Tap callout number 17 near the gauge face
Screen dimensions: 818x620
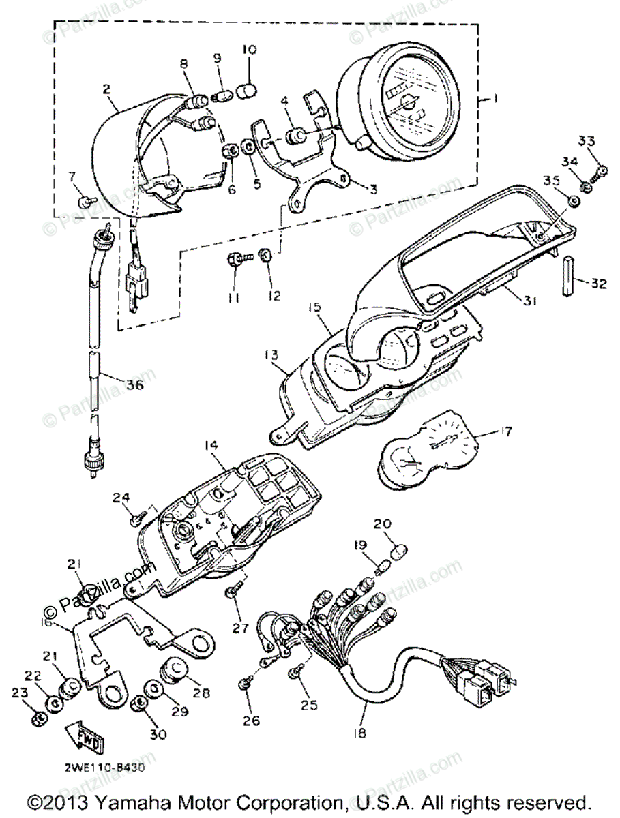tap(505, 431)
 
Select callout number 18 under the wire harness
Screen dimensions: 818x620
tap(360, 733)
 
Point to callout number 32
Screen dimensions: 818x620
tap(598, 284)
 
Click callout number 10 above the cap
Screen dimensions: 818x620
tap(248, 50)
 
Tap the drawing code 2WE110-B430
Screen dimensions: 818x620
tap(104, 766)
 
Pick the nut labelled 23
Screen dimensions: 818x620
tap(39, 718)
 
